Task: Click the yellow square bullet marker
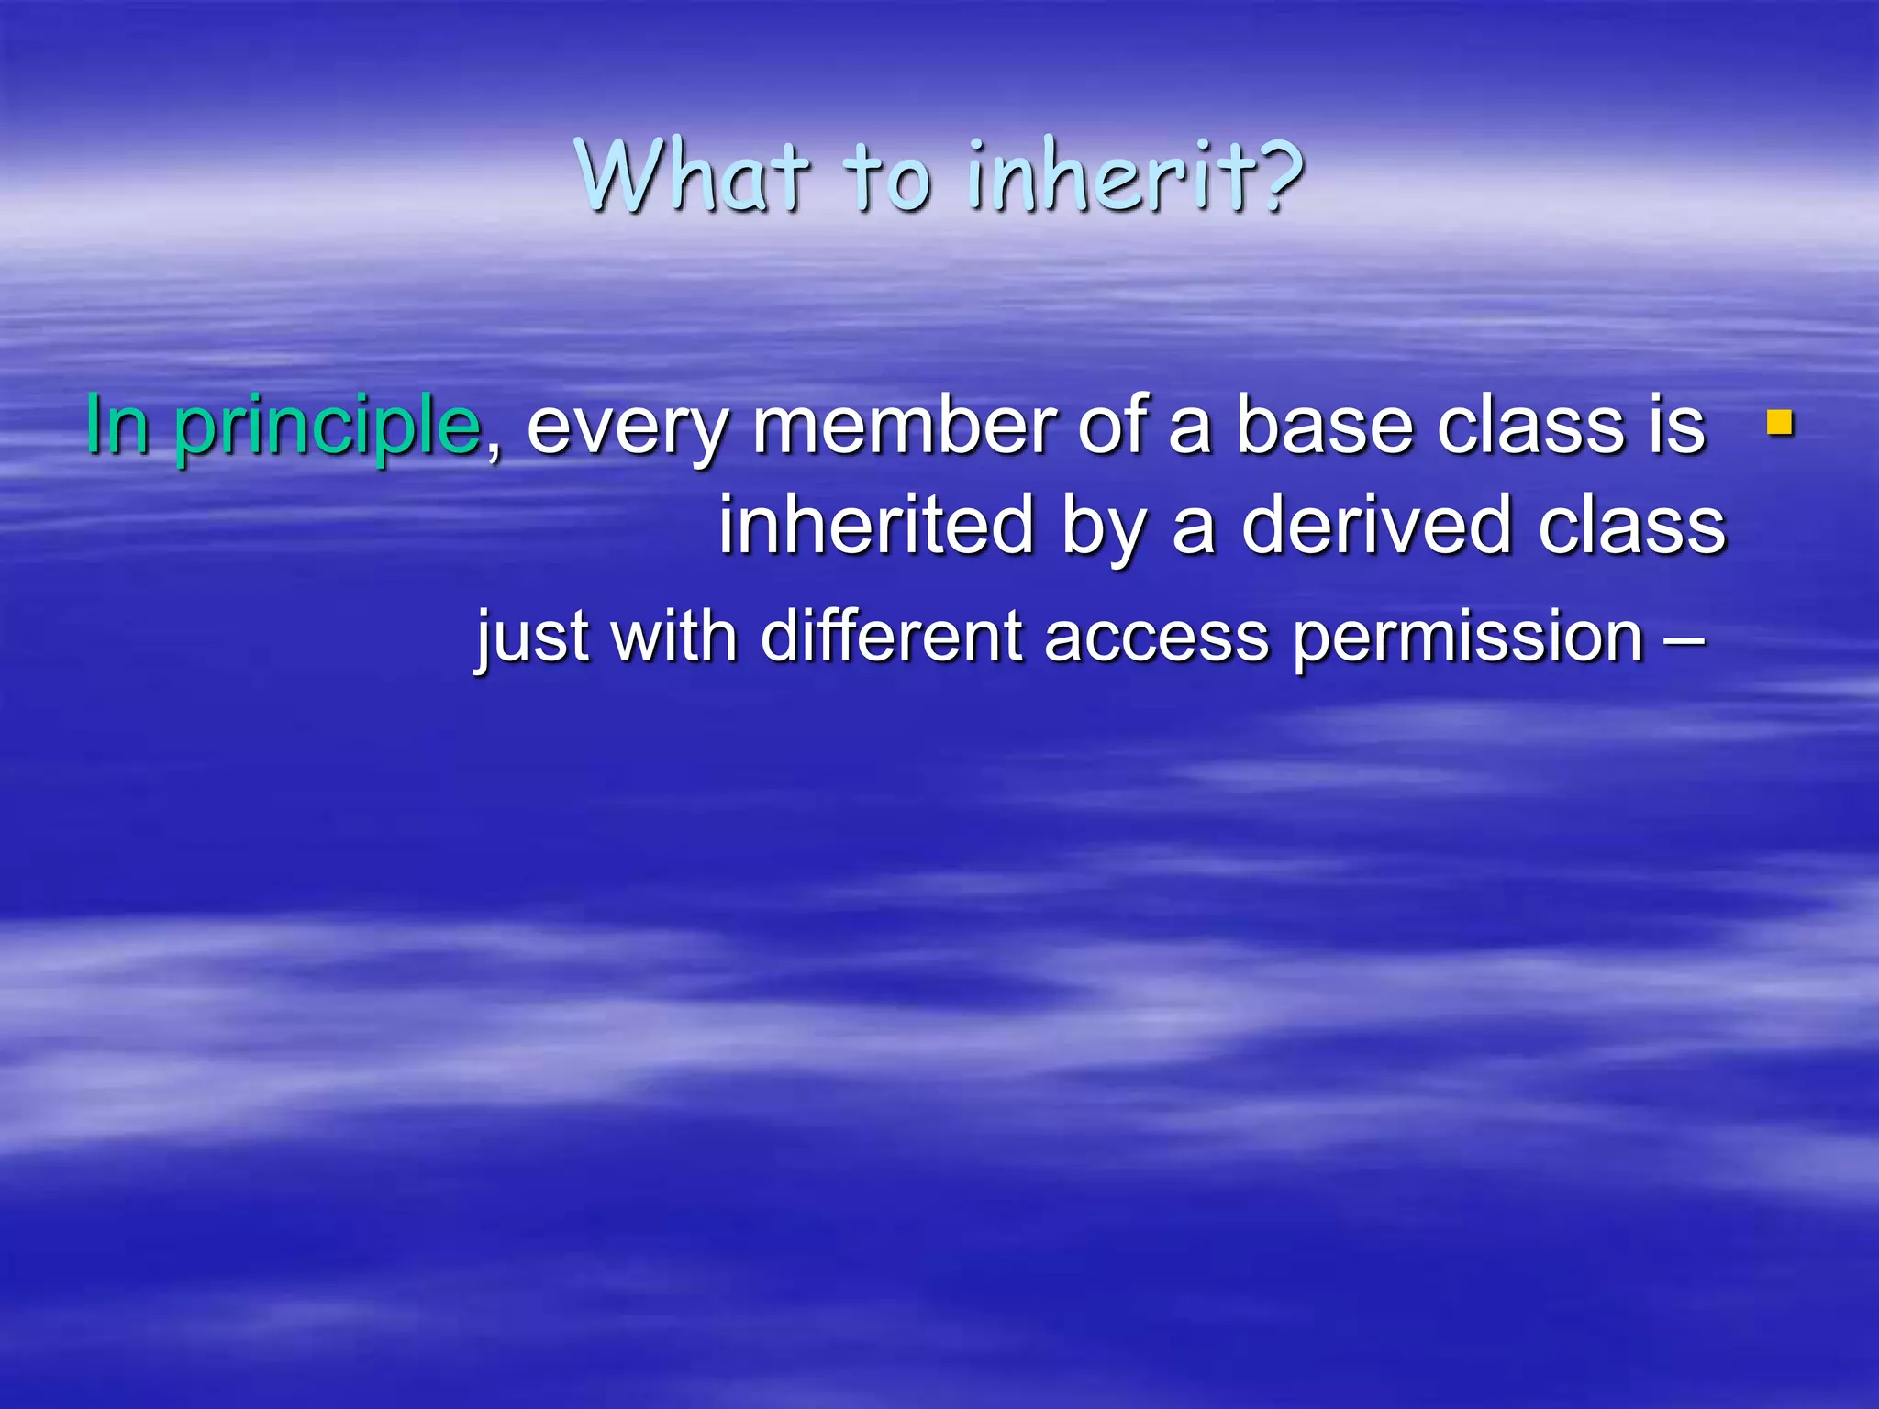point(1780,423)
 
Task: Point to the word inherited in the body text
point(876,526)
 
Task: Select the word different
point(891,636)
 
